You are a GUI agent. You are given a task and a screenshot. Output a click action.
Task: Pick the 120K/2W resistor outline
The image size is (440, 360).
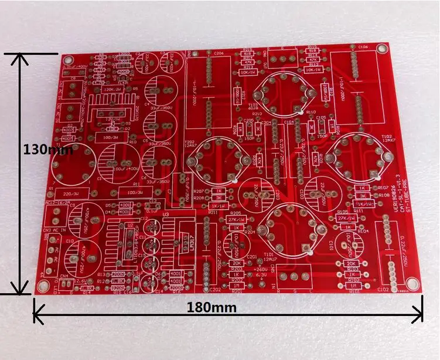point(111,90)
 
